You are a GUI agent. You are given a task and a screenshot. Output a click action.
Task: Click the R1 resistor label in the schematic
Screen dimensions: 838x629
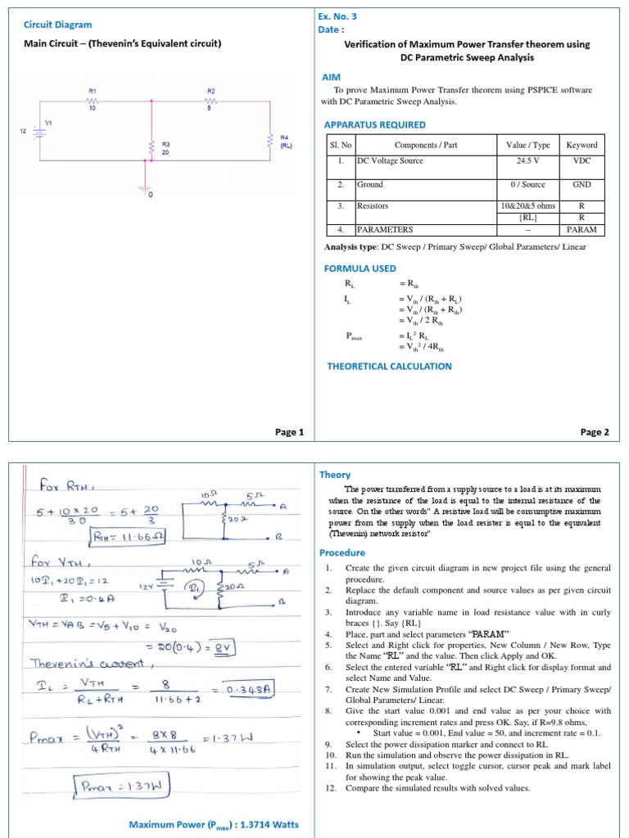click(x=93, y=91)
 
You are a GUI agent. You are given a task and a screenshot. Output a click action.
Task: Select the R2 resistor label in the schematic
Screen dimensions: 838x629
click(x=210, y=91)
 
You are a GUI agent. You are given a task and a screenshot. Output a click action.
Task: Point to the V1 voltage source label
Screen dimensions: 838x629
click(x=48, y=123)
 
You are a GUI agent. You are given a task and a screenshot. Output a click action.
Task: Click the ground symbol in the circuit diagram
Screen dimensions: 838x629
click(x=147, y=190)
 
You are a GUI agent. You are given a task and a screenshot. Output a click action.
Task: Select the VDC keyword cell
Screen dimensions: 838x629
click(x=581, y=161)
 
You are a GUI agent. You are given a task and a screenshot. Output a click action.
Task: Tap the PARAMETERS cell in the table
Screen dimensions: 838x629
click(x=385, y=230)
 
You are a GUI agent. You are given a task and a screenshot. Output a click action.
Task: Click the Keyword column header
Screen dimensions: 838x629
click(x=581, y=145)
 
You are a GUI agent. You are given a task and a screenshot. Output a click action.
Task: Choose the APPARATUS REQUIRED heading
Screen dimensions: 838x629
click(x=375, y=124)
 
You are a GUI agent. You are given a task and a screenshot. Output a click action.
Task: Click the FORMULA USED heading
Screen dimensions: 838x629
click(x=360, y=268)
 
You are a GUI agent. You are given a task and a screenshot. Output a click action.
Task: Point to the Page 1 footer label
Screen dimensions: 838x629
click(x=289, y=432)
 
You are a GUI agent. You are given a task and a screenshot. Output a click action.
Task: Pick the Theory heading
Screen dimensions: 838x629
click(x=335, y=475)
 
